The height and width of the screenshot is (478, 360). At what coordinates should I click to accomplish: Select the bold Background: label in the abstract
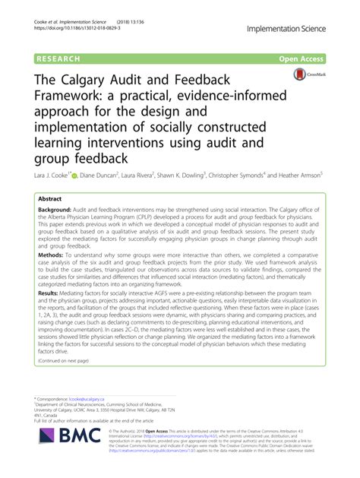point(58,207)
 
